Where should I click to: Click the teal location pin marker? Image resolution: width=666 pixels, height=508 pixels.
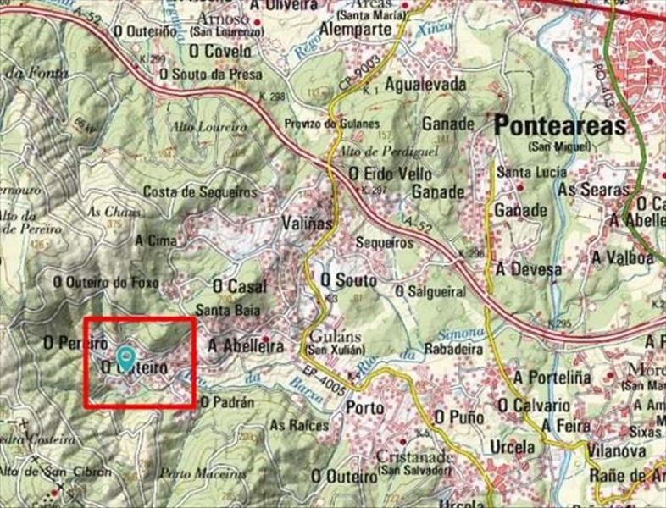pyautogui.click(x=126, y=357)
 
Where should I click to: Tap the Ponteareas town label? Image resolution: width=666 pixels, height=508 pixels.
pyautogui.click(x=560, y=127)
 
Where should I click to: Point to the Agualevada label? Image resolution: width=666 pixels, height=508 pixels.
pyautogui.click(x=425, y=85)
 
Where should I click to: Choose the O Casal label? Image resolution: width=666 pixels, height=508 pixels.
pyautogui.click(x=239, y=287)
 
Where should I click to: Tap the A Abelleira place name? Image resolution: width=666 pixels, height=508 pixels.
pyautogui.click(x=246, y=345)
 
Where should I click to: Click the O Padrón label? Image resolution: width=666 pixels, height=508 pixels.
pyautogui.click(x=226, y=403)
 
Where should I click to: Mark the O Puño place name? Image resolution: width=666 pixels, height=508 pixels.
pyautogui.click(x=458, y=417)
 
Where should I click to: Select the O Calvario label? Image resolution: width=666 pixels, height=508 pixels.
pyautogui.click(x=537, y=405)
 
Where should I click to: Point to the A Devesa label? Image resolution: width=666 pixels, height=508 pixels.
pyautogui.click(x=529, y=269)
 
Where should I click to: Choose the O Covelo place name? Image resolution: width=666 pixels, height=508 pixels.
pyautogui.click(x=219, y=52)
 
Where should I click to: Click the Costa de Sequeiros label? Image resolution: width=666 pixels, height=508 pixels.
pyautogui.click(x=200, y=192)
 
